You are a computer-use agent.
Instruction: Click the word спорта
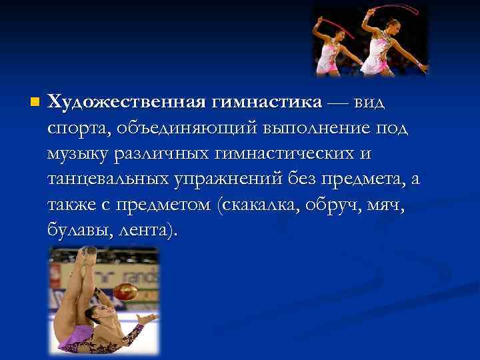pos(73,129)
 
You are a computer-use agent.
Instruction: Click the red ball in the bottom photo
pos(124,292)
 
